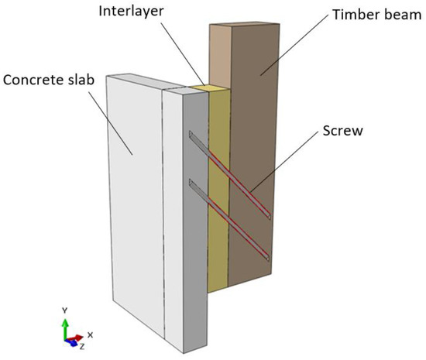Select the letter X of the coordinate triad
[x=91, y=334]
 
